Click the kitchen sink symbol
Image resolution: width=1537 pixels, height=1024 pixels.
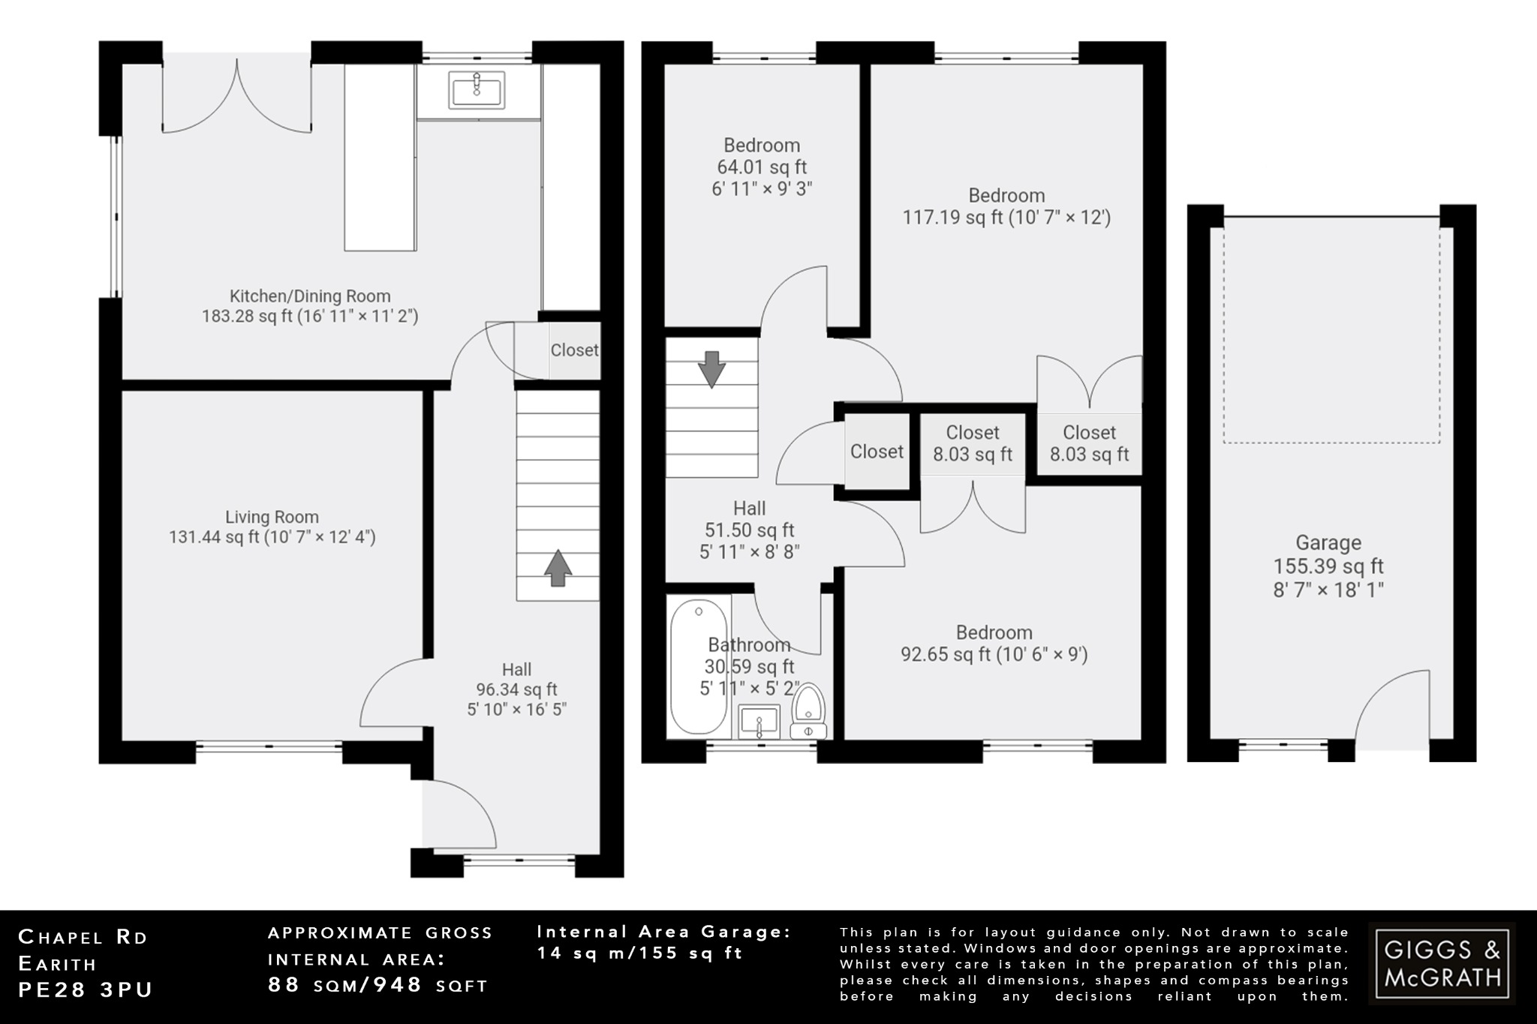pyautogui.click(x=477, y=90)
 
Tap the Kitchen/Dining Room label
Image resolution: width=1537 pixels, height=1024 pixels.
pyautogui.click(x=310, y=296)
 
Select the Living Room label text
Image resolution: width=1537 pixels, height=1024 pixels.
pyautogui.click(x=272, y=517)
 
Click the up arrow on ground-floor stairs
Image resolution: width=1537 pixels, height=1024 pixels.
pyautogui.click(x=558, y=568)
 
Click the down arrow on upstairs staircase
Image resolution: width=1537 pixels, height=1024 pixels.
pyautogui.click(x=711, y=369)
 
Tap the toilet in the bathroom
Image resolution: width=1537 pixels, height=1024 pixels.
pyautogui.click(x=809, y=710)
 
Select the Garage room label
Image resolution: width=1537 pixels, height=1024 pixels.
pyautogui.click(x=1328, y=543)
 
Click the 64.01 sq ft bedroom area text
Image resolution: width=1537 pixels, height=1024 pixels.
pyautogui.click(x=762, y=167)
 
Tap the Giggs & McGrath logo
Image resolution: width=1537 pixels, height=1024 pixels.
pyautogui.click(x=1442, y=963)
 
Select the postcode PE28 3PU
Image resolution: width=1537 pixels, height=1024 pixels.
pyautogui.click(x=85, y=990)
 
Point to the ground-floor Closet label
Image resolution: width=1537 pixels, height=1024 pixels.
pyautogui.click(x=574, y=350)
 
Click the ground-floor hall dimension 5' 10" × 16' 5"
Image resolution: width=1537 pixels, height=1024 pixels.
pyautogui.click(x=516, y=709)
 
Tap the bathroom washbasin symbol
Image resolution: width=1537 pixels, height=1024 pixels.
pyautogui.click(x=759, y=722)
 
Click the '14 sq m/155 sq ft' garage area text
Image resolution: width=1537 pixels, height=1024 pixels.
pyautogui.click(x=639, y=953)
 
